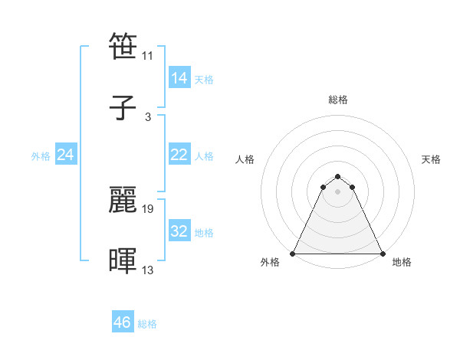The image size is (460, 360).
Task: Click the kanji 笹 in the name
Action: (123, 47)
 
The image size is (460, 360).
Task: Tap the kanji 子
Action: (123, 107)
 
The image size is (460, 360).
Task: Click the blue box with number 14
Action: (179, 78)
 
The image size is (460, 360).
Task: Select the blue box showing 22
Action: (179, 155)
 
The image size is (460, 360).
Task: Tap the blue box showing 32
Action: (179, 231)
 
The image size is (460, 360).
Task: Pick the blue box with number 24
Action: (66, 155)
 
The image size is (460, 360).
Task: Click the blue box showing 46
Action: (122, 322)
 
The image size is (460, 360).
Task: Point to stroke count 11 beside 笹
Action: (148, 56)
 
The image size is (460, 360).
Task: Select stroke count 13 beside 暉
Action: (148, 269)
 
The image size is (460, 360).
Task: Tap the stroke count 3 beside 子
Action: (148, 116)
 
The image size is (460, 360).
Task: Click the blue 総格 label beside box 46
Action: (147, 324)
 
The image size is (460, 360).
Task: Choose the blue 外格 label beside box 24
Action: (41, 156)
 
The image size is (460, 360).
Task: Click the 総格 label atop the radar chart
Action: (338, 100)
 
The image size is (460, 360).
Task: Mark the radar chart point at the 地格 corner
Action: (383, 254)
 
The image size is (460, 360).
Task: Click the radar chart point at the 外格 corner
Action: (293, 254)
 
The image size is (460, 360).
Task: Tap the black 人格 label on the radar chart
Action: (245, 159)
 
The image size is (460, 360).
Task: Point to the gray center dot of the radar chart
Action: (338, 191)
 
